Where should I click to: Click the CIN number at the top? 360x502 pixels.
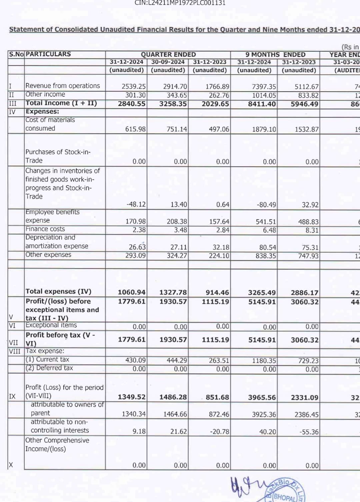tap(180, 3)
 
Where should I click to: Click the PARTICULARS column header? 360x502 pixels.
tap(48, 54)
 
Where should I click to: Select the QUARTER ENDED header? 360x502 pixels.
tap(168, 54)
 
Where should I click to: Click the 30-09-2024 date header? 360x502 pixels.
tap(168, 62)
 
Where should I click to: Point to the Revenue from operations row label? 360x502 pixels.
tap(63, 86)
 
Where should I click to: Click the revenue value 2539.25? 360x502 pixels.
tap(134, 87)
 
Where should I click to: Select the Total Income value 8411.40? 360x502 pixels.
tap(262, 104)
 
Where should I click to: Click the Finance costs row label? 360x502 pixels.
tap(45, 229)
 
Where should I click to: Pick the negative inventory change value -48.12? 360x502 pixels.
tap(136, 204)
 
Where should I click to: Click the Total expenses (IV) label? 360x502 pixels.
tap(58, 291)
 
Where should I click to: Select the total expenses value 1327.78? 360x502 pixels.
tap(173, 292)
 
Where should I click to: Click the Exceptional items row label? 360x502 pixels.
tap(51, 325)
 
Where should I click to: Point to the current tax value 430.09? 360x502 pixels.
tap(135, 360)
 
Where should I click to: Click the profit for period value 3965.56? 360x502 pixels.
tap(262, 397)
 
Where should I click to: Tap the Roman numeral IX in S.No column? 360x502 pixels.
tap(12, 396)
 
